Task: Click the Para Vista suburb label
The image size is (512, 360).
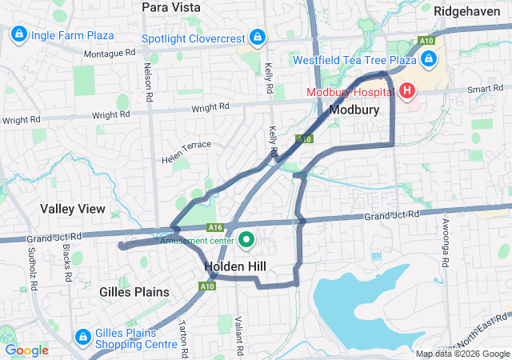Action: tap(170, 7)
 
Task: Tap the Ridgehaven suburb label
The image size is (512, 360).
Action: tap(466, 11)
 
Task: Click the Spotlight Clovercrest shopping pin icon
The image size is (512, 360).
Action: tap(257, 38)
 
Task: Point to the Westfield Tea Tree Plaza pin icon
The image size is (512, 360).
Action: tap(428, 60)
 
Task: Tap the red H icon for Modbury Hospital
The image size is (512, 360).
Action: tap(407, 90)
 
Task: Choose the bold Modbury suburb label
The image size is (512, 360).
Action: tap(354, 109)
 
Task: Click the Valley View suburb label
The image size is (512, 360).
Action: tap(73, 209)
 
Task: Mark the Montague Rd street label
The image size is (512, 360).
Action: tap(109, 54)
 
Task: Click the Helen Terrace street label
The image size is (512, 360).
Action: tap(186, 148)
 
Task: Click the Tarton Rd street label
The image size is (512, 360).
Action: tap(183, 339)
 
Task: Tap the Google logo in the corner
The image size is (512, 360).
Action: tap(27, 350)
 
